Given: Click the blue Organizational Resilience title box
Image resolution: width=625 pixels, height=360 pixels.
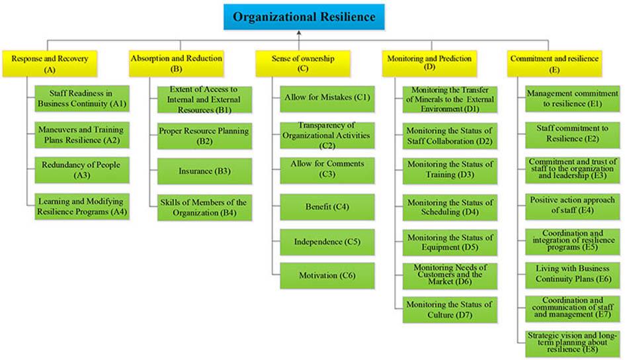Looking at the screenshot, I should (x=303, y=17).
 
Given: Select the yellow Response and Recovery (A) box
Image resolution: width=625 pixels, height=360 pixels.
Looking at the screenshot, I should (x=50, y=63).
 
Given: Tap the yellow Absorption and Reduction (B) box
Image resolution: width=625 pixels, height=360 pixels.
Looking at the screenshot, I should (x=176, y=63).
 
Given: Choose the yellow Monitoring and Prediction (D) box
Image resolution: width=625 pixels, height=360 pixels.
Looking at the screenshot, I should (x=429, y=63).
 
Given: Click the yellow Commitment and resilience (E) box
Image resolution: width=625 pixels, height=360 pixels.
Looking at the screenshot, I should (x=554, y=63).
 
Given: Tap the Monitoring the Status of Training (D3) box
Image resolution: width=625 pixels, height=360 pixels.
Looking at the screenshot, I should (x=450, y=170).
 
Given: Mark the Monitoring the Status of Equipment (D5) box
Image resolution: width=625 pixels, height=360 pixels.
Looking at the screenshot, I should (x=450, y=242).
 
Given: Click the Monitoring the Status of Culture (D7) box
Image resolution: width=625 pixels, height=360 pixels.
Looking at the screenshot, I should (x=450, y=310).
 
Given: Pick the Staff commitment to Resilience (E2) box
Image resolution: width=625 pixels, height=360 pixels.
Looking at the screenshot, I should (x=573, y=134).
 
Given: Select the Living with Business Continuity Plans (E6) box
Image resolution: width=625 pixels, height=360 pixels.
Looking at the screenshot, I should (x=573, y=275).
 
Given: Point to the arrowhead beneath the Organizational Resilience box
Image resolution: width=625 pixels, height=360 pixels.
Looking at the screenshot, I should (x=300, y=32).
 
